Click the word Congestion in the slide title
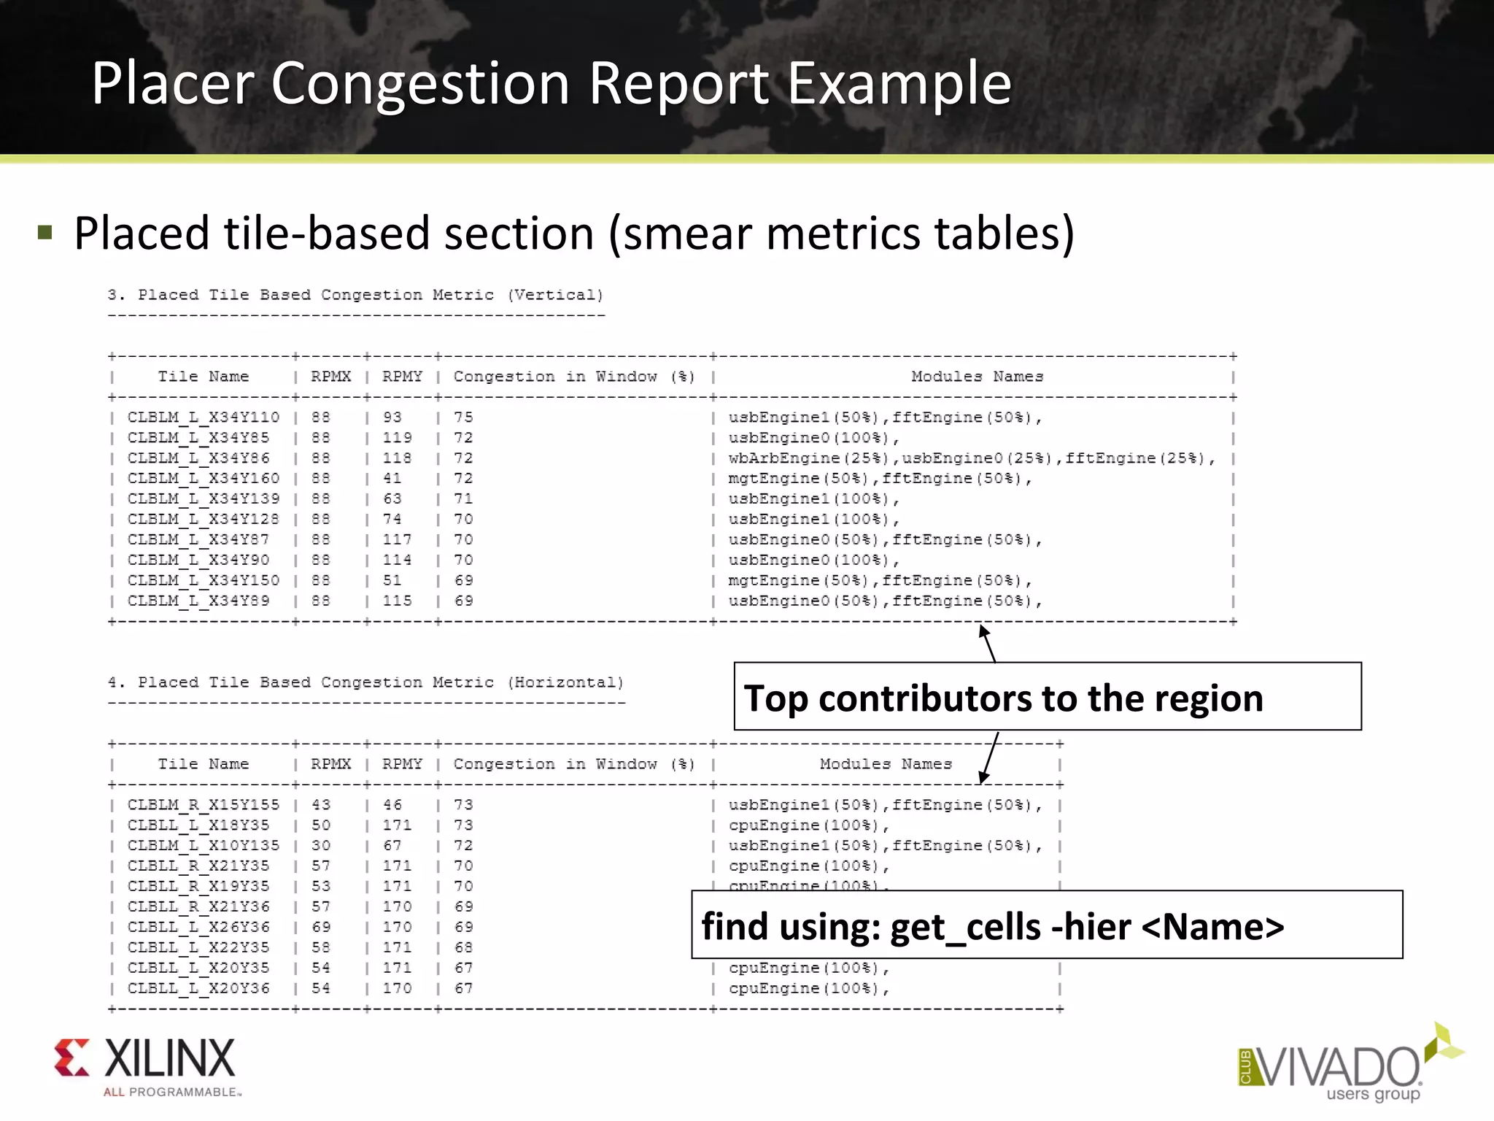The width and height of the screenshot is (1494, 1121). pyautogui.click(x=419, y=85)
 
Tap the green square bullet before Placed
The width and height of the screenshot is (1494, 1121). pyautogui.click(x=45, y=233)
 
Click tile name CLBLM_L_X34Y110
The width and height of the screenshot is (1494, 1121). pyautogui.click(x=203, y=417)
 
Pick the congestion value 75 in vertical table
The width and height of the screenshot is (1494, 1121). pyautogui.click(x=463, y=417)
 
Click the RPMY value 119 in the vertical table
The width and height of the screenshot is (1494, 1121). pyautogui.click(x=397, y=438)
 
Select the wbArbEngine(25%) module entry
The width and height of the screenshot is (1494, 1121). pyautogui.click(x=808, y=458)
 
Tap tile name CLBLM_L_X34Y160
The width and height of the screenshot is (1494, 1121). pyautogui.click(x=203, y=479)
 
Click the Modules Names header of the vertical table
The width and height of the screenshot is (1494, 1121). pyautogui.click(x=977, y=377)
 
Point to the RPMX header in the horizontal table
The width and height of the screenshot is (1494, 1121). pyautogui.click(x=330, y=764)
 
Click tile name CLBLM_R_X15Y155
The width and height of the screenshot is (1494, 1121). pyautogui.click(x=203, y=805)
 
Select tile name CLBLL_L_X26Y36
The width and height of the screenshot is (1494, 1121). pyautogui.click(x=198, y=927)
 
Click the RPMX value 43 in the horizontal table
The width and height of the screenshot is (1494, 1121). pyautogui.click(x=320, y=805)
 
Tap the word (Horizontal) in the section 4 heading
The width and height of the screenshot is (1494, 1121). pyautogui.click(x=567, y=682)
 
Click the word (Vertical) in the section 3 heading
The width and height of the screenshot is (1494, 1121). pyautogui.click(x=556, y=295)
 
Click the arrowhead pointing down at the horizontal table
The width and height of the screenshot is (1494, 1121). pyautogui.click(x=983, y=777)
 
